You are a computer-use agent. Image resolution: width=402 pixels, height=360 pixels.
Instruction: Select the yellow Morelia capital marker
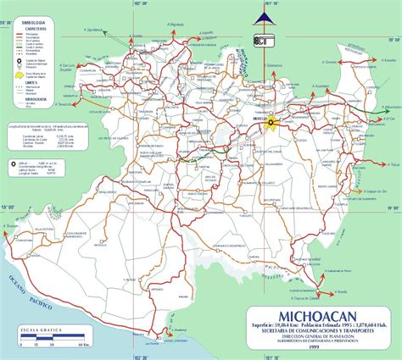(x=271, y=124)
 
